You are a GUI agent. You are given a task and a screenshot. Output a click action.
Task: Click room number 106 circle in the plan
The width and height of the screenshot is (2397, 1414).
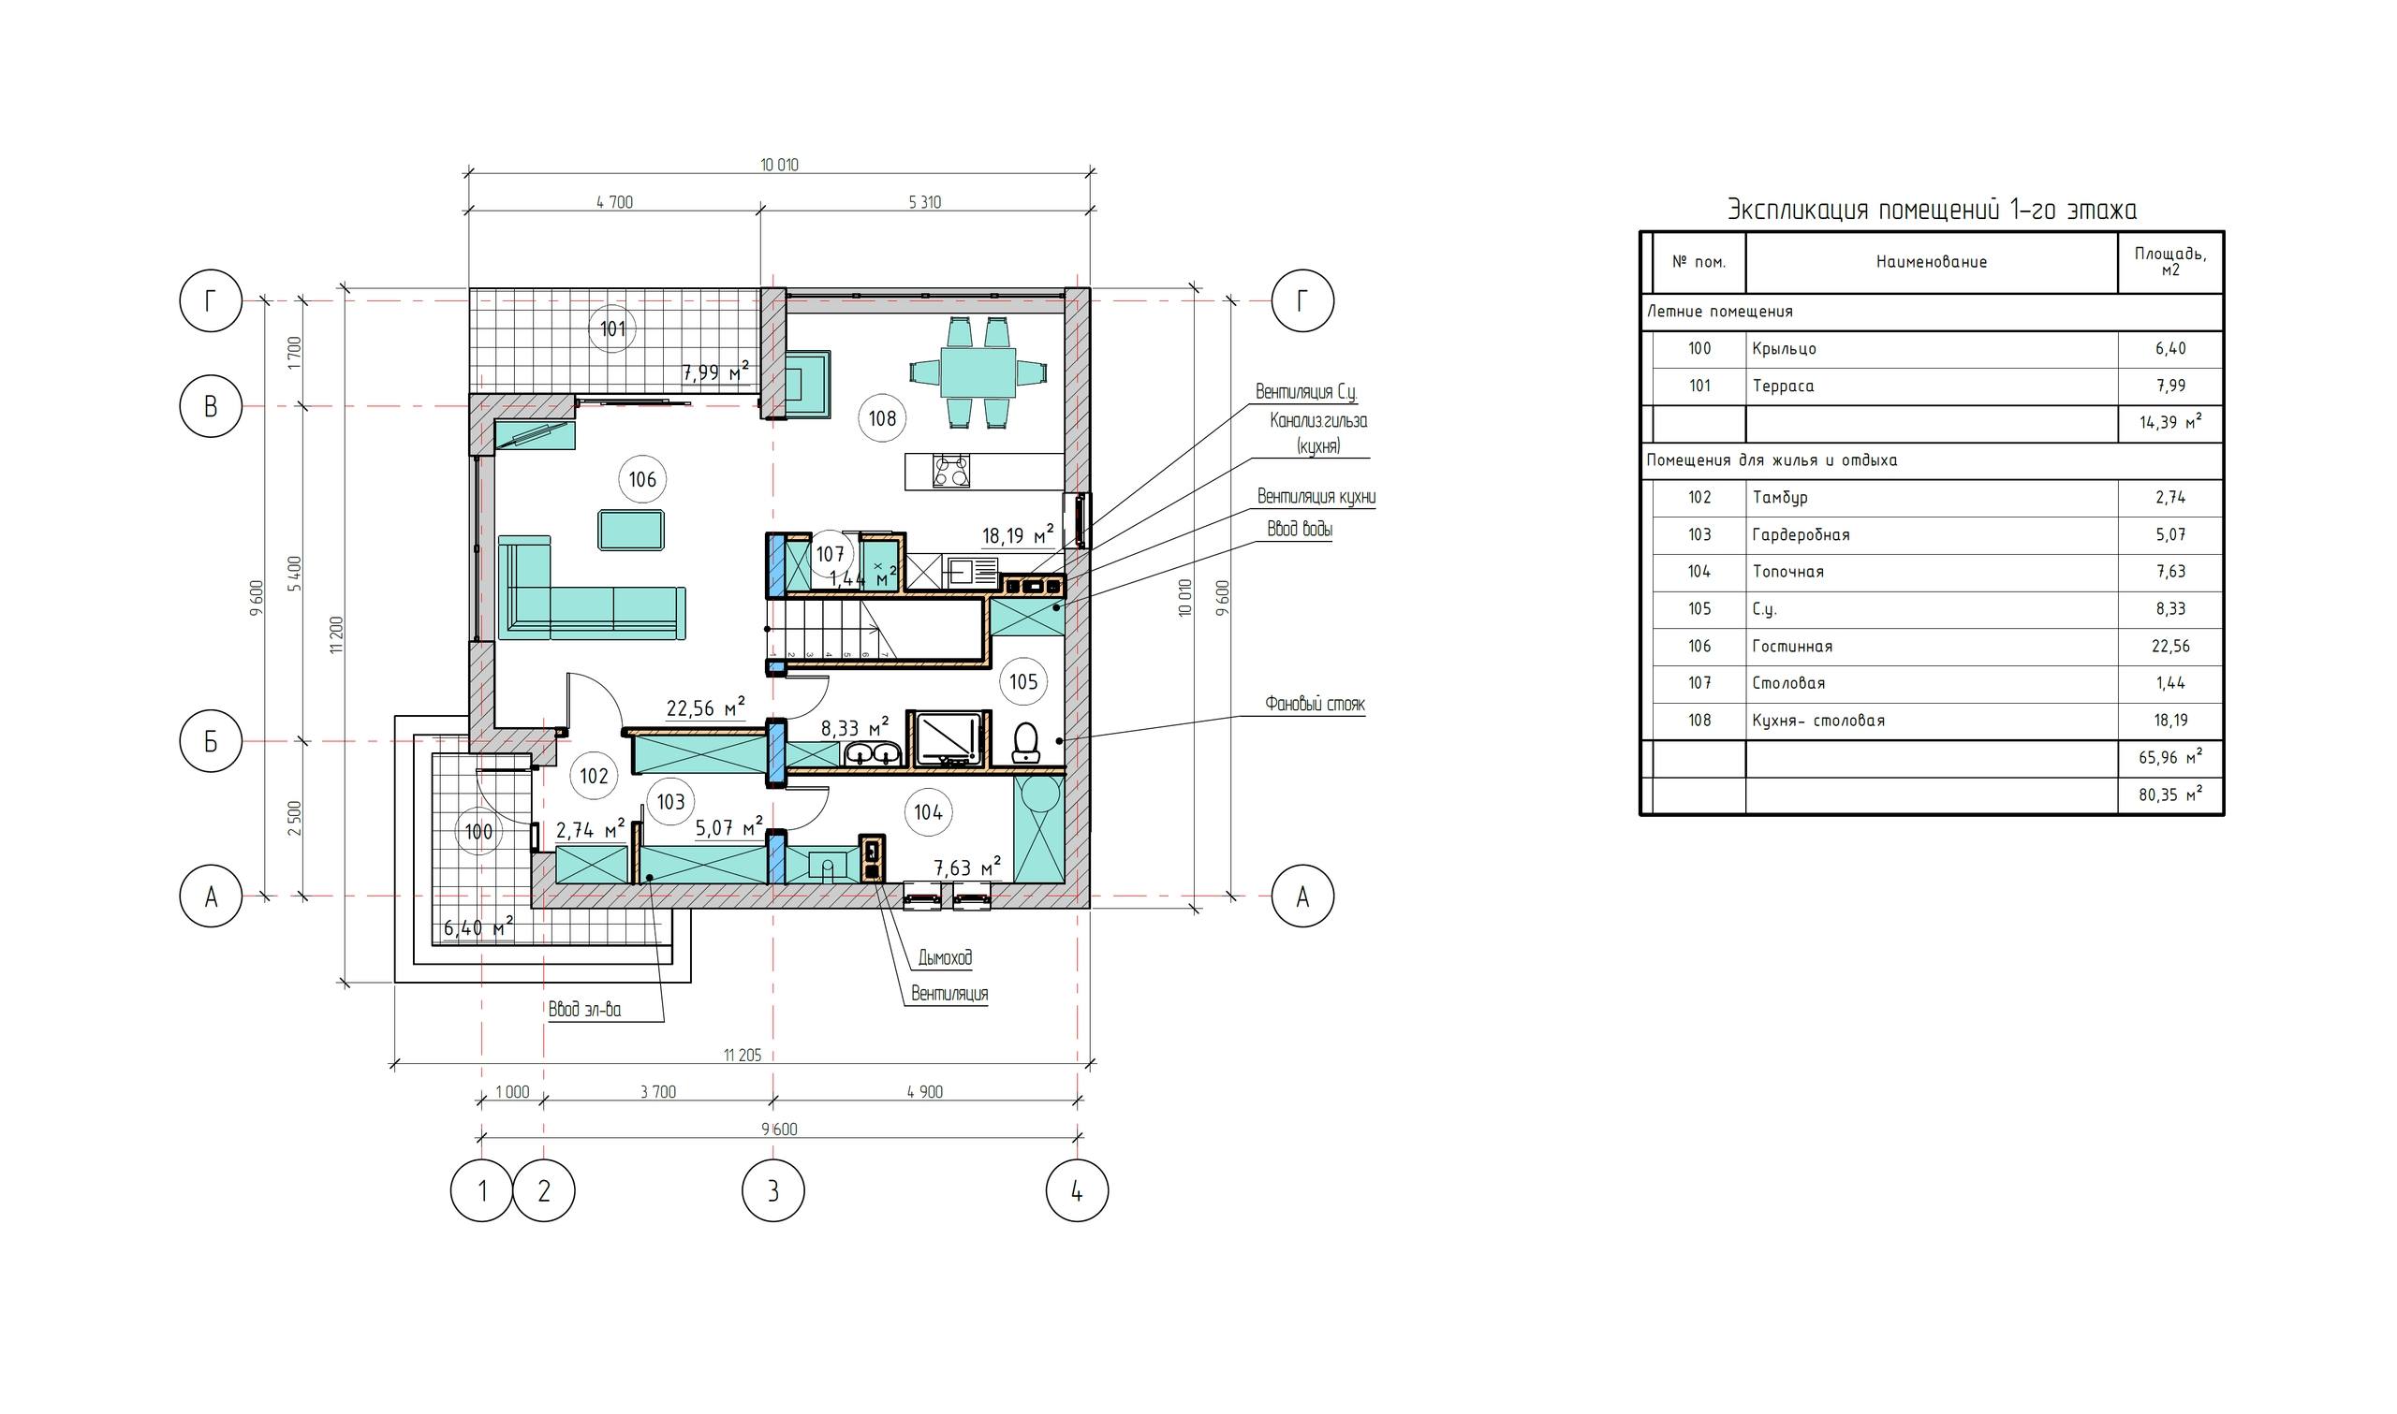[642, 479]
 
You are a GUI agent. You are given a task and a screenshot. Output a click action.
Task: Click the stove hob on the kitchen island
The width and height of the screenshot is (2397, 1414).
[952, 471]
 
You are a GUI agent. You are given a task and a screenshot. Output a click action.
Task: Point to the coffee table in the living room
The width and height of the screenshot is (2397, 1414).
[631, 530]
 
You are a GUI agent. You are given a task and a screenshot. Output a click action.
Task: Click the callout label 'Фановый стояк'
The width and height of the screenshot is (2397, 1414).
[1315, 704]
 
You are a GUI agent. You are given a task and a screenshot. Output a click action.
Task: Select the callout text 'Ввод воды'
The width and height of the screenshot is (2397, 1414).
[1299, 529]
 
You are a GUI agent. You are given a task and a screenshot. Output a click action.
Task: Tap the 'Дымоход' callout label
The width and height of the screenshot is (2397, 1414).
[945, 957]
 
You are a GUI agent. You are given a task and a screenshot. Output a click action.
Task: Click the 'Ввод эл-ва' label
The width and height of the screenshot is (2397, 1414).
[584, 1009]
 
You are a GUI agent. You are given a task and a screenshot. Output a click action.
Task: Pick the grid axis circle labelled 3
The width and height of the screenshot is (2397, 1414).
[773, 1191]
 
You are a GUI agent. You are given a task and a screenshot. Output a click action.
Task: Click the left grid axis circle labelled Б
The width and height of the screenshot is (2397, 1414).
[211, 742]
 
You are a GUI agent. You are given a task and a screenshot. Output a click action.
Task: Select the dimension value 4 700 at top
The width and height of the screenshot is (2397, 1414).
[614, 202]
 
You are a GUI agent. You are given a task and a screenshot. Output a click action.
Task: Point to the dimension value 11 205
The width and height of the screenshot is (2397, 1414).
[743, 1055]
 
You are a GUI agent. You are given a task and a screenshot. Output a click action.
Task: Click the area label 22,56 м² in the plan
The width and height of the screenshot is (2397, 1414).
[705, 707]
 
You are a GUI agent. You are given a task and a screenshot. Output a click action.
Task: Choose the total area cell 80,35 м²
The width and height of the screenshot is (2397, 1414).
[2170, 794]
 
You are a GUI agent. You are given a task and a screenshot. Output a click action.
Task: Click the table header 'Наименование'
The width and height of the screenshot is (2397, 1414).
[1931, 262]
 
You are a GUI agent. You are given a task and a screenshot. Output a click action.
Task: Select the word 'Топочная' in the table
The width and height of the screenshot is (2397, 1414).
[1788, 572]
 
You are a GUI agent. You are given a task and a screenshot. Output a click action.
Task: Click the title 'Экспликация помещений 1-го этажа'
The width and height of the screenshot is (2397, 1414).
[1933, 210]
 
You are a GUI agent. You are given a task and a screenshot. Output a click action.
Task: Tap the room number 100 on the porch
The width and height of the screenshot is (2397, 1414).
[478, 832]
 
